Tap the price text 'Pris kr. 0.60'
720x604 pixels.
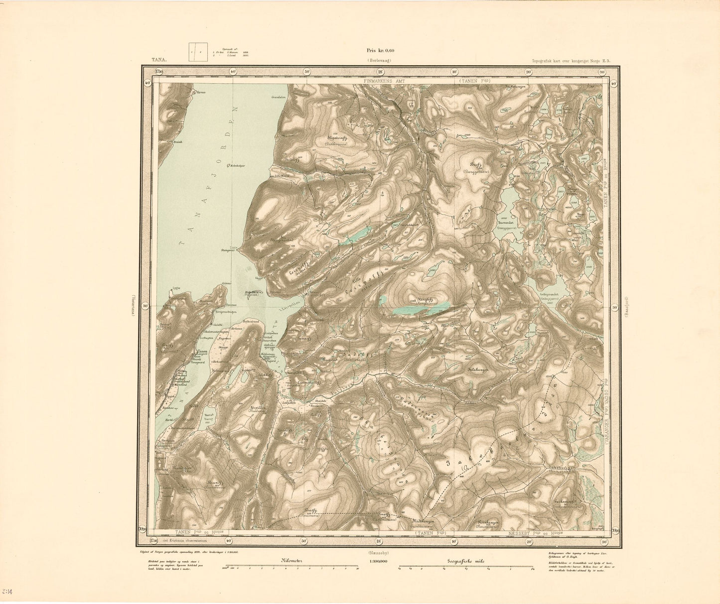coord(380,50)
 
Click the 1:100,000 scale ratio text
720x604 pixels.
coord(379,561)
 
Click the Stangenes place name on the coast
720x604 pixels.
coord(230,251)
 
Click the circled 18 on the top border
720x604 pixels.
coord(379,71)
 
